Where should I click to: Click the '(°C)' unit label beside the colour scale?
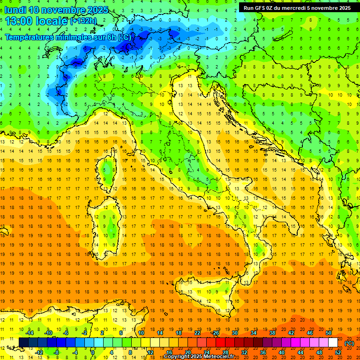(350, 343)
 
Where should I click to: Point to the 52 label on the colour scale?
(338, 352)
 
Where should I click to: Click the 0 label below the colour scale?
(93, 352)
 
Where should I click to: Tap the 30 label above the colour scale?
(234, 333)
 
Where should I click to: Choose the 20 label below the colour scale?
(187, 352)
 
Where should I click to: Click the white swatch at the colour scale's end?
(333, 343)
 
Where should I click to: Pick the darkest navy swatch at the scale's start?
(23, 343)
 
